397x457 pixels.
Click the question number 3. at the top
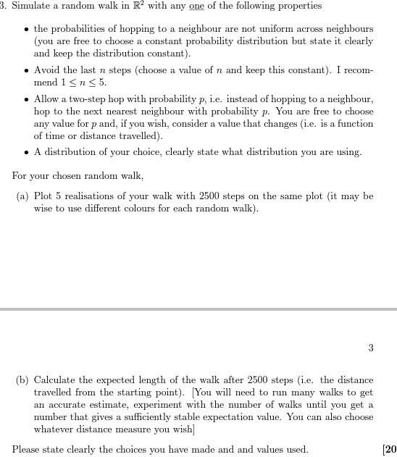[x=4, y=7]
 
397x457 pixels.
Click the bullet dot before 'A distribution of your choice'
[x=26, y=153]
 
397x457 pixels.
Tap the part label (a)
[x=23, y=196]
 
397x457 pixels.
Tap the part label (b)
[x=23, y=380]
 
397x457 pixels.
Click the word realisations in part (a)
[x=84, y=196]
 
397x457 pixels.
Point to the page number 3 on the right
[x=370, y=348]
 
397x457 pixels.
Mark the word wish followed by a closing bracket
[x=184, y=429]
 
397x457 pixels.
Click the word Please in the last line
[x=26, y=449]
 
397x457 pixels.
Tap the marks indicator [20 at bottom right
[x=389, y=449]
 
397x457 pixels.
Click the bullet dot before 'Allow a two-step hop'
[x=26, y=99]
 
